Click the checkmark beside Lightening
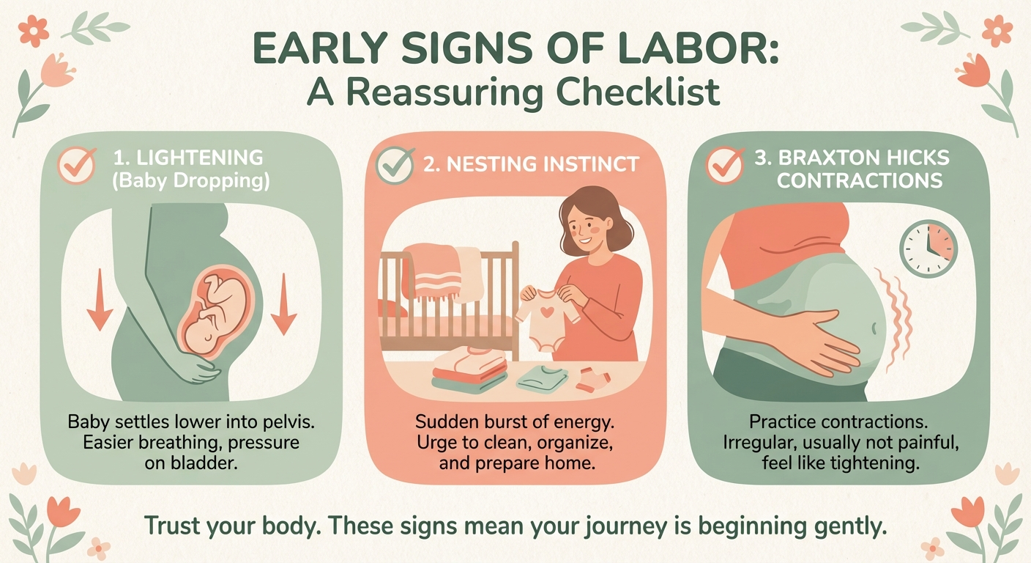(77, 165)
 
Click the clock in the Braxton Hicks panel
(928, 249)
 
